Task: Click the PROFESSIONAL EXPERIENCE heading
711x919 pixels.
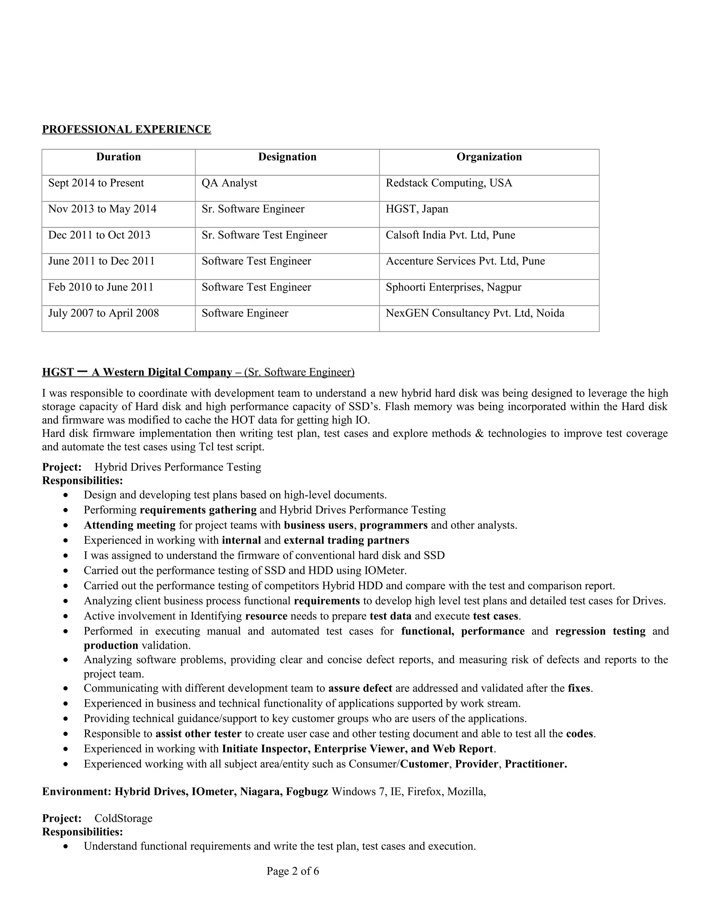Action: (126, 129)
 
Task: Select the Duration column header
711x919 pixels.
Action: (118, 157)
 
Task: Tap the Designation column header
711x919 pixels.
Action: (287, 157)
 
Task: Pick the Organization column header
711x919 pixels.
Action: (489, 157)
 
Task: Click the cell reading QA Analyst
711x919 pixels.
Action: (229, 183)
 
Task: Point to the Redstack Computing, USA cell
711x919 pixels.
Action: (449, 183)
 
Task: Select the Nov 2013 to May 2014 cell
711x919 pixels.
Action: (102, 209)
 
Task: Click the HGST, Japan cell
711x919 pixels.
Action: (417, 209)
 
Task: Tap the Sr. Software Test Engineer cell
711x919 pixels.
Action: (264, 235)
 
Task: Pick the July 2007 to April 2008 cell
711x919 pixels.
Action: (103, 314)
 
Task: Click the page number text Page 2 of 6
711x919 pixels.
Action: (293, 871)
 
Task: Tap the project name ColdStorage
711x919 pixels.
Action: (123, 818)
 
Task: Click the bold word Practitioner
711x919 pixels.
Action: (535, 764)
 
